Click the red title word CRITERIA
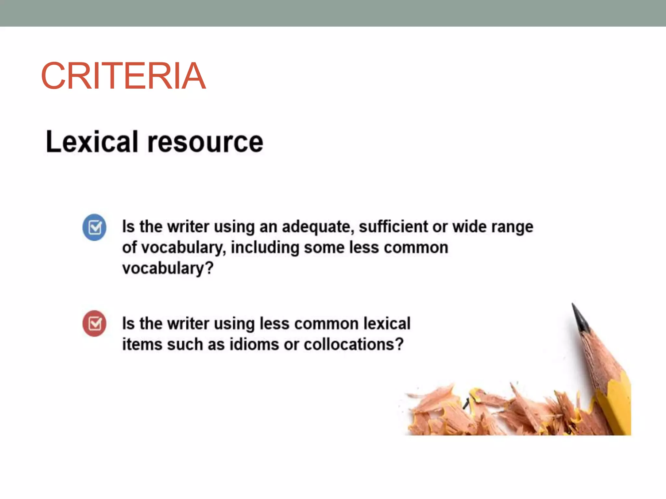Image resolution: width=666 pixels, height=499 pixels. pyautogui.click(x=123, y=76)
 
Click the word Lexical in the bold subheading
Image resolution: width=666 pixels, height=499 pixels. pyautogui.click(x=92, y=142)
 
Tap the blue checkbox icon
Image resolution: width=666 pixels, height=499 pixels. pyautogui.click(x=94, y=227)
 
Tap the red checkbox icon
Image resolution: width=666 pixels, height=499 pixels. pyautogui.click(x=94, y=324)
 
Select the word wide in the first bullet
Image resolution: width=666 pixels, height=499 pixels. pyautogui.click(x=469, y=226)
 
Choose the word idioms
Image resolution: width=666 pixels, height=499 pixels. pyautogui.click(x=254, y=344)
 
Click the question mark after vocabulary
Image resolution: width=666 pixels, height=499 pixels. pyautogui.click(x=209, y=268)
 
